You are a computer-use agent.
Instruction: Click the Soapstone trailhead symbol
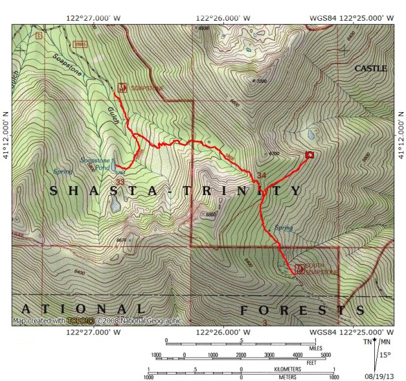click(x=122, y=86)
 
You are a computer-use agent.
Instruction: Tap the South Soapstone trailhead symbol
click(x=299, y=268)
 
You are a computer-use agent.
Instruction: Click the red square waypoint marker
click(x=310, y=154)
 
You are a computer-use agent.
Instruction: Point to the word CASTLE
click(x=370, y=68)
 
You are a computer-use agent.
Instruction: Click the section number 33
click(x=120, y=182)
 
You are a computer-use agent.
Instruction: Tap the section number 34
click(x=262, y=176)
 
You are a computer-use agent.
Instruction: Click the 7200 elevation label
click(x=262, y=81)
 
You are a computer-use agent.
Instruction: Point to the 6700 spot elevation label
click(x=273, y=154)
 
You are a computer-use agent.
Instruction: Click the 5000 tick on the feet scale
click(x=326, y=355)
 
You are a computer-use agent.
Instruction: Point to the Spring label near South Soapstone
click(x=283, y=228)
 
